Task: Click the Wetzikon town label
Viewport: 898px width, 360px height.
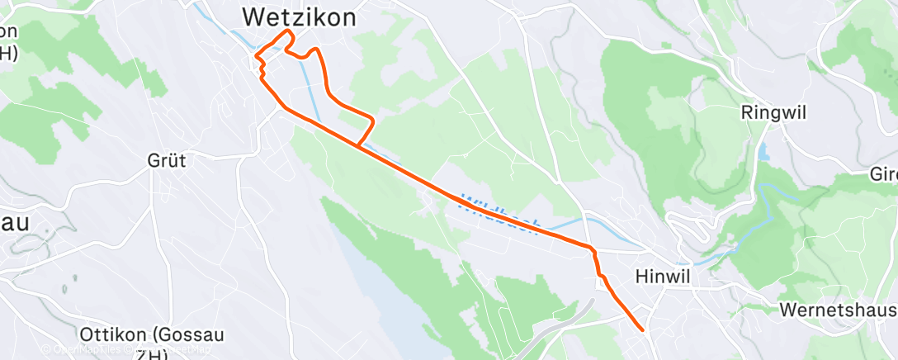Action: coord(299,16)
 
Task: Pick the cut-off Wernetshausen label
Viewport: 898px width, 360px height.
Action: coord(838,310)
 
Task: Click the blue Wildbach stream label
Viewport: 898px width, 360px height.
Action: coord(500,212)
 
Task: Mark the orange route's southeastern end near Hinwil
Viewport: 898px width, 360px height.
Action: coord(643,330)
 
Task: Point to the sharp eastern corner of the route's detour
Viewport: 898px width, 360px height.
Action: coord(374,121)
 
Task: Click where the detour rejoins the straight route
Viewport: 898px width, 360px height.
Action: coord(358,146)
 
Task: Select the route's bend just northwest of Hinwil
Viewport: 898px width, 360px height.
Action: coord(592,249)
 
